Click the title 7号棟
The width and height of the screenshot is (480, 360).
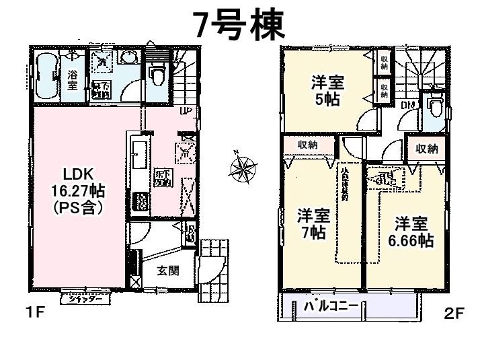(x=239, y=25)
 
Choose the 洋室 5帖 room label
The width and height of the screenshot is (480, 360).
(x=327, y=91)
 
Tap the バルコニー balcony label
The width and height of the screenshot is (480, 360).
(x=331, y=306)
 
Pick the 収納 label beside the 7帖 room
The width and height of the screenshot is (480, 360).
(x=308, y=145)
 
